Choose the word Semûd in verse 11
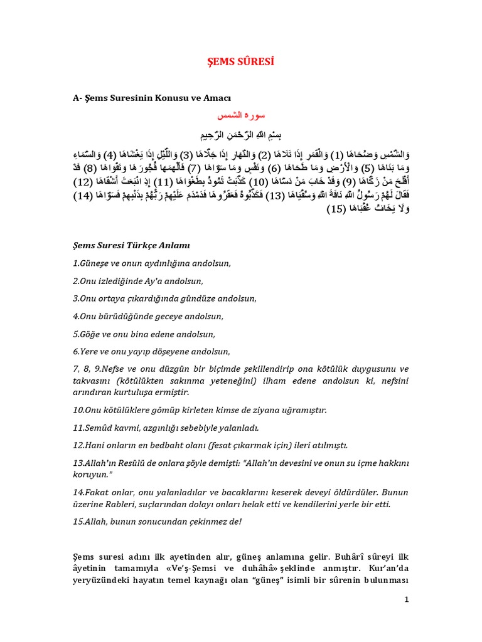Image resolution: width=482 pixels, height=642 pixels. (96, 428)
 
